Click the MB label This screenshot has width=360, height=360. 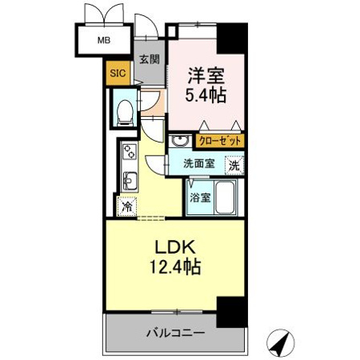pos(104,40)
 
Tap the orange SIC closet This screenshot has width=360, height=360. pos(118,73)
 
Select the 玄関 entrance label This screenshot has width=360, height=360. pos(150,59)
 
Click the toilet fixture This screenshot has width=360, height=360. pos(125,113)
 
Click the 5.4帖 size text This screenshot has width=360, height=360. pos(205,95)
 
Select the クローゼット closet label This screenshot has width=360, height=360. pos(220,141)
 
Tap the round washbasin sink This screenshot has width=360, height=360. pos(180,141)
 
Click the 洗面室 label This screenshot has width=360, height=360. pos(199,163)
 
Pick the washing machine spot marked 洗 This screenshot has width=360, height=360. pos(234,166)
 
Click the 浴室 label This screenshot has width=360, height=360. pos(200,198)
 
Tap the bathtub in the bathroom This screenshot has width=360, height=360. pos(225,197)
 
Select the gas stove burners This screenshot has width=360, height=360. pos(130,152)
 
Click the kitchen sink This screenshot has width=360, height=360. pos(130,181)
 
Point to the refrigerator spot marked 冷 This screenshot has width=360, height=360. pos(126,206)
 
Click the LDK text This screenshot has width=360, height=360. pos(176,248)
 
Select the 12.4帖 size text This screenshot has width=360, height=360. pos(175,267)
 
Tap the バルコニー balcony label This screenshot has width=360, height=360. pos(176,333)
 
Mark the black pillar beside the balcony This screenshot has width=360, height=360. pos(232,312)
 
